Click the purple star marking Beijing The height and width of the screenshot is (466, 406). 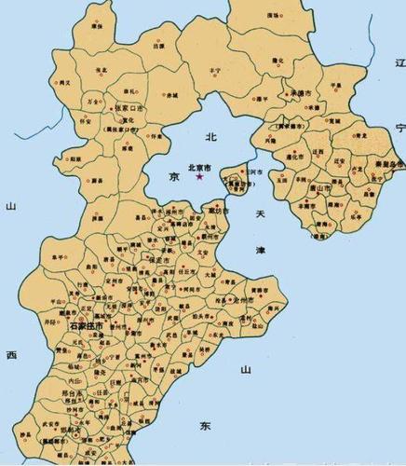point(198,176)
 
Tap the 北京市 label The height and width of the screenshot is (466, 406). point(199,168)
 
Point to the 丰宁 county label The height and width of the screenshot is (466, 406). point(216,71)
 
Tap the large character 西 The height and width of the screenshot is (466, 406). point(11,355)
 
